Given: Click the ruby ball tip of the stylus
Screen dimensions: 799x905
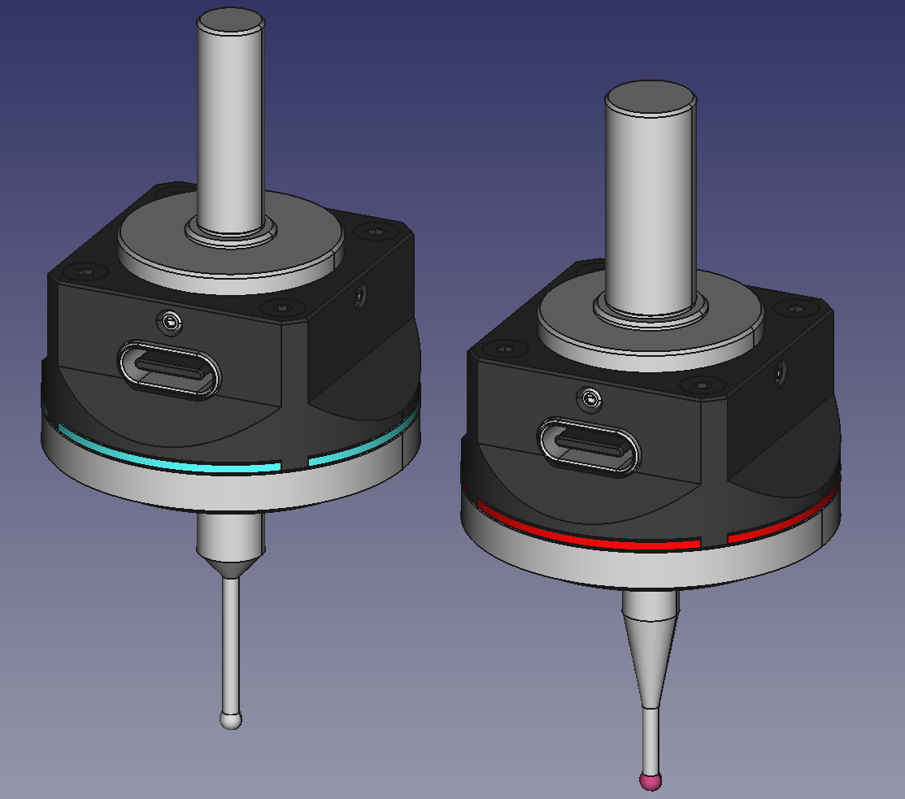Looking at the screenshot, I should coord(650,782).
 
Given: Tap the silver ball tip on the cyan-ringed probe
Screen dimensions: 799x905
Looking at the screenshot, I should coord(232,720).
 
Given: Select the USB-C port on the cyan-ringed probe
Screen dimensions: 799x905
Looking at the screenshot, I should coord(169,370).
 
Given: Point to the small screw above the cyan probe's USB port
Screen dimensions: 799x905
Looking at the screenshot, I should coord(169,322).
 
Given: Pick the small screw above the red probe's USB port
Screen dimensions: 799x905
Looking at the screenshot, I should coord(589,398).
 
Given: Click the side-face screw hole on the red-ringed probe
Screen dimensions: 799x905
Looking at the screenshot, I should coord(781,373).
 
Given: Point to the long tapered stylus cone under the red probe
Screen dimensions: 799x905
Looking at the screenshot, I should coord(650,650).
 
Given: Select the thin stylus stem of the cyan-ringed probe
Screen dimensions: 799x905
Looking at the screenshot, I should coord(232,642).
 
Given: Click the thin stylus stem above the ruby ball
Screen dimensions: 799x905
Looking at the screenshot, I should coord(650,740).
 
